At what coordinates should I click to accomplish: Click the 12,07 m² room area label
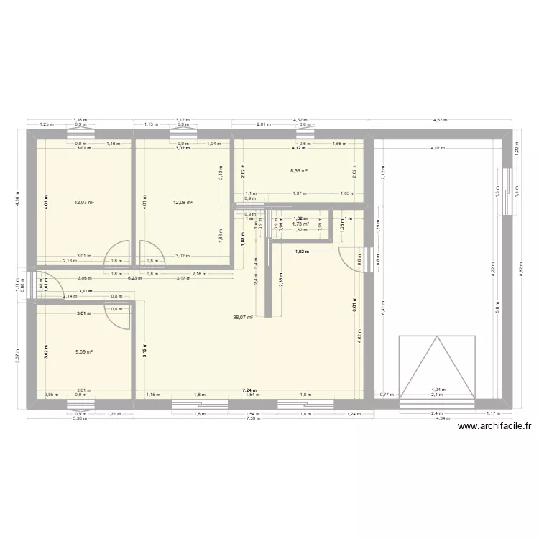click(84, 203)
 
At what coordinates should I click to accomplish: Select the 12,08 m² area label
click(183, 203)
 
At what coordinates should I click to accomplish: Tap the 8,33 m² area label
click(299, 171)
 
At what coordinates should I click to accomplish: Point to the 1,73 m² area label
click(300, 224)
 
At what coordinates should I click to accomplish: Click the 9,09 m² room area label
click(84, 352)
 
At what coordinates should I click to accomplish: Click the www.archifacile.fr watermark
click(494, 425)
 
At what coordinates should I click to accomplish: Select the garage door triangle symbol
click(436, 367)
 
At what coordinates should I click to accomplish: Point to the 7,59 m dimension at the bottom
click(252, 419)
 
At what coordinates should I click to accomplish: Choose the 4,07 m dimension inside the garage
click(437, 148)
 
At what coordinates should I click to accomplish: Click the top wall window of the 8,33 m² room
click(305, 134)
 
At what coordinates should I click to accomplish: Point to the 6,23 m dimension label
click(133, 277)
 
